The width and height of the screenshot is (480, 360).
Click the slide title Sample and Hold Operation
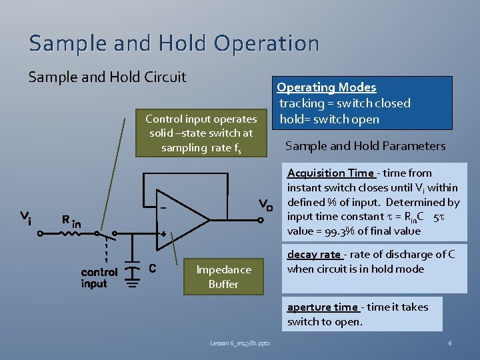point(174,43)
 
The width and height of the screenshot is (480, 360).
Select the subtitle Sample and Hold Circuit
point(107,77)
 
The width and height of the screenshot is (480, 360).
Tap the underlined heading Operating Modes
point(327,87)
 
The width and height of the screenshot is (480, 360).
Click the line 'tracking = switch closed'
point(345,103)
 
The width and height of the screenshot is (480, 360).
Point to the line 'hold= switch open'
point(329,119)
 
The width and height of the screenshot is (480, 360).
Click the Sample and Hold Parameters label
point(365,146)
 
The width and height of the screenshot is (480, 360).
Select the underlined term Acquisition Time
point(330,173)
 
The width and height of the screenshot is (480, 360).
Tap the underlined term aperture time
point(323,307)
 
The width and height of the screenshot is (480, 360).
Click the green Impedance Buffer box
point(223,277)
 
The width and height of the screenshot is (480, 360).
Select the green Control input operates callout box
point(201,133)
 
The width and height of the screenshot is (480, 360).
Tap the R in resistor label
point(71,221)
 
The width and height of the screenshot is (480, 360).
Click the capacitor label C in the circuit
point(152,269)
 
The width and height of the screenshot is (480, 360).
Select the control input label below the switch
point(99,278)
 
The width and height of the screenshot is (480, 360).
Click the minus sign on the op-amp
point(162,207)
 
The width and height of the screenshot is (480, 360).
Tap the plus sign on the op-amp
point(162,234)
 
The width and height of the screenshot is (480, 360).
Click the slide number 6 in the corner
point(450,343)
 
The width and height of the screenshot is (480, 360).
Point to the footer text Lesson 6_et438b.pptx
point(245,343)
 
